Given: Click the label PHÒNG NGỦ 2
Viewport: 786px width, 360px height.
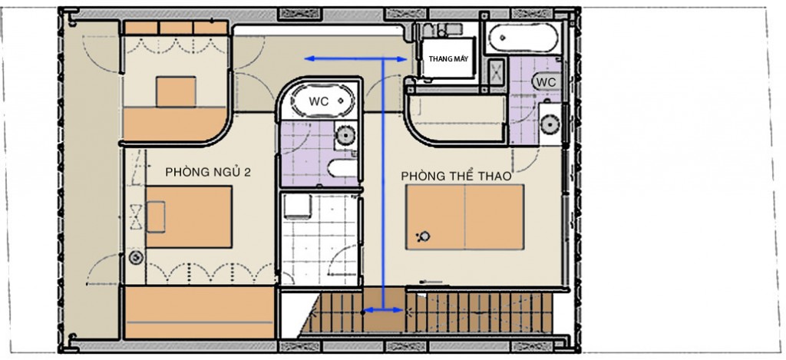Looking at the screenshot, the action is click(x=208, y=173).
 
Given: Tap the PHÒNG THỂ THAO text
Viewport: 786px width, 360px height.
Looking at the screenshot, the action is click(x=456, y=176).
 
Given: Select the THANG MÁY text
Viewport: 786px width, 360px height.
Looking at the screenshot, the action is click(x=448, y=58).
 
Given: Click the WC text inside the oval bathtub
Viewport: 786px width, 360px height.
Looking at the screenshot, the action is click(x=319, y=101).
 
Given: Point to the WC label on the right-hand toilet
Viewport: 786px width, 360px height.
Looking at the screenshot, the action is click(x=546, y=81).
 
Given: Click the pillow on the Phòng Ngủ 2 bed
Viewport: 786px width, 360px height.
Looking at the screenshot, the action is click(x=155, y=216).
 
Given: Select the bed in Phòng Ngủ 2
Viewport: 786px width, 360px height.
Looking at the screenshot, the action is click(x=189, y=216).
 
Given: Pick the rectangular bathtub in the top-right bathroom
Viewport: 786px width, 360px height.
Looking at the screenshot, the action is click(x=523, y=38).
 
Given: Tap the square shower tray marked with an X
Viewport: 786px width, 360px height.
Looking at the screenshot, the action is click(x=497, y=74).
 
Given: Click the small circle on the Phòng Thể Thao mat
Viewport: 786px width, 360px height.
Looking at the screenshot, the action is click(x=425, y=236).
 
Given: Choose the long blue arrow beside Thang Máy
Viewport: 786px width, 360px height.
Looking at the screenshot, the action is click(x=356, y=59).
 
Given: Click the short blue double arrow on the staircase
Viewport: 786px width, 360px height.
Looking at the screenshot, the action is click(x=383, y=310).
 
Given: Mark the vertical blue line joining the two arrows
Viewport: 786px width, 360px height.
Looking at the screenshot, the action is click(x=384, y=184).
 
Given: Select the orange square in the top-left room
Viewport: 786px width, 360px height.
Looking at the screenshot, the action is click(x=176, y=92).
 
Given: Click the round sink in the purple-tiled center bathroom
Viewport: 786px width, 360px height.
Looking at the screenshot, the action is click(x=345, y=135).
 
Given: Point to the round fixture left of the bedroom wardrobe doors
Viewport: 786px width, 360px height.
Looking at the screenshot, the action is click(x=135, y=258).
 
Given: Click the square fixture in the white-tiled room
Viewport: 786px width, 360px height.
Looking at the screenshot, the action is click(x=297, y=206).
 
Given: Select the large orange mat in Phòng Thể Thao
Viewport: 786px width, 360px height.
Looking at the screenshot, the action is click(x=464, y=217).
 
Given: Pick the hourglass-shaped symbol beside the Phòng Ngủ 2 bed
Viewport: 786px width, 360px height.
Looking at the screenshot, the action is click(x=136, y=216).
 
